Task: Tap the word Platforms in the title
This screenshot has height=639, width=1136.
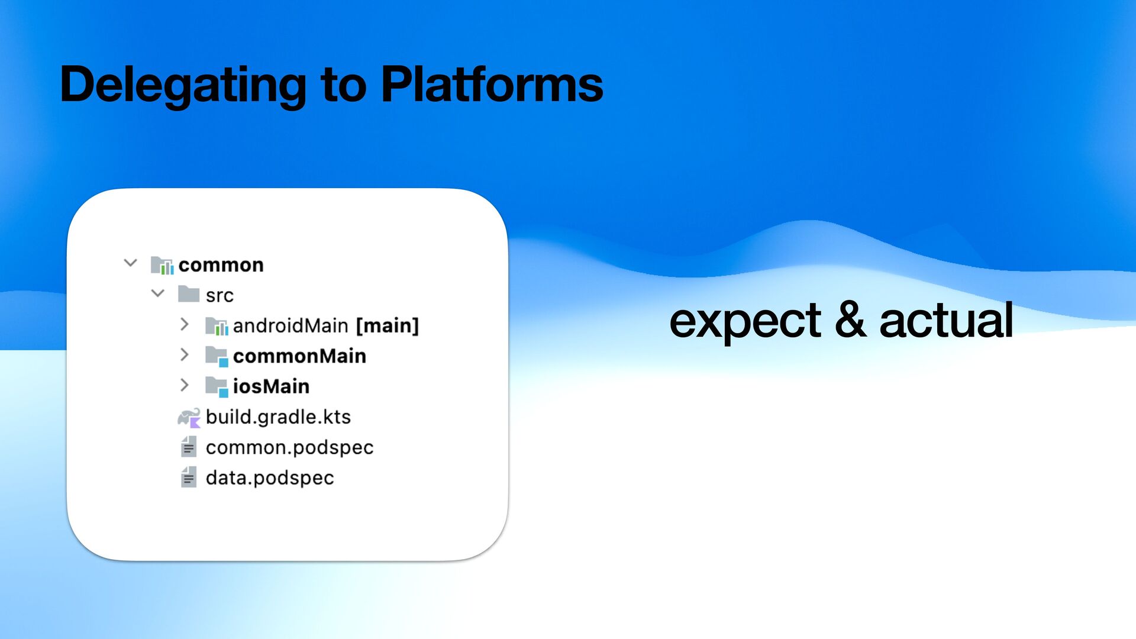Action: coord(492,84)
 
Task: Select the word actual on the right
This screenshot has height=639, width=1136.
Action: coord(946,320)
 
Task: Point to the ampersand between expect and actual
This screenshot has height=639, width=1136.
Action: coord(850,320)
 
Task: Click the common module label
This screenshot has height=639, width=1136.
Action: coord(221,265)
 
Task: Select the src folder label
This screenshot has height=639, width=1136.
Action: coord(220,296)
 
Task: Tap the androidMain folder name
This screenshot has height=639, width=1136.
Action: coord(290,325)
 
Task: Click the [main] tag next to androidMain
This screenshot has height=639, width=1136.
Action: coord(388,325)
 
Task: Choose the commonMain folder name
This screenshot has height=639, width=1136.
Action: coord(299,356)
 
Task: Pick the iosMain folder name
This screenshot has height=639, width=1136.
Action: coord(271,386)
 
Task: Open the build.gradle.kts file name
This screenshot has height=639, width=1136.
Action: coord(278,417)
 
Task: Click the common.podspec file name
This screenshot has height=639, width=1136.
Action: coord(289,448)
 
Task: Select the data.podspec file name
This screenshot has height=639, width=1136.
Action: coord(270,478)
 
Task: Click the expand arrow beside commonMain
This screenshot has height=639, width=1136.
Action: coord(185,355)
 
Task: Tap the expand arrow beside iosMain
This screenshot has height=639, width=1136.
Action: coord(185,385)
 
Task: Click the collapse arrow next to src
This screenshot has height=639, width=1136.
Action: coord(158,293)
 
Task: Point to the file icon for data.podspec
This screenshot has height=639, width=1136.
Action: coord(189,477)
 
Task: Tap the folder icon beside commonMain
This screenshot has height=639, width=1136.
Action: coord(217,356)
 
